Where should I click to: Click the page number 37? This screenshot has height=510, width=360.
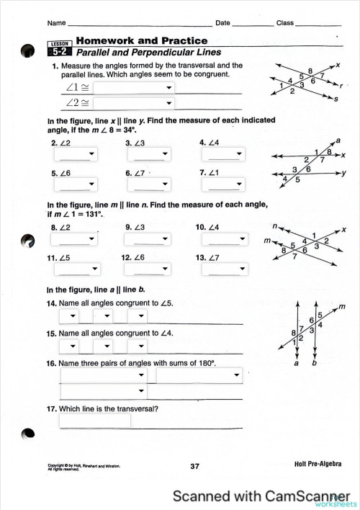(x=194, y=466)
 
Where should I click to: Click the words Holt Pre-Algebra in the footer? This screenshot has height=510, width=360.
(x=318, y=465)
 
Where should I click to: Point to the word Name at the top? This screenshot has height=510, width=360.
(x=58, y=24)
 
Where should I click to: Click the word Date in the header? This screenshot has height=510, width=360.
(x=222, y=24)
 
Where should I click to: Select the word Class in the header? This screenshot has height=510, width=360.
(x=285, y=24)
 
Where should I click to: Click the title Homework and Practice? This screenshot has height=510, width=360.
(x=142, y=41)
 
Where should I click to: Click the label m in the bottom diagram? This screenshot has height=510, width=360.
(x=342, y=306)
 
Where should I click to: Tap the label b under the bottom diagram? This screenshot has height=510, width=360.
(x=314, y=364)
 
